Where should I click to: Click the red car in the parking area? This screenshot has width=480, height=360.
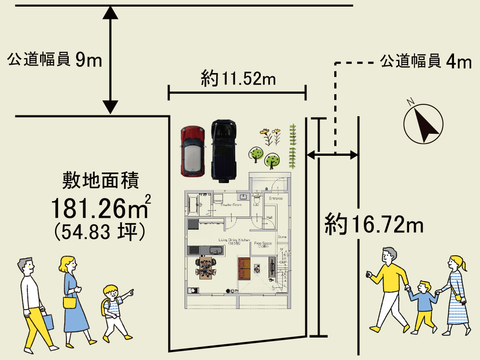(192, 151)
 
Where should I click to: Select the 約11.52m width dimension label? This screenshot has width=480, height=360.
(238, 79)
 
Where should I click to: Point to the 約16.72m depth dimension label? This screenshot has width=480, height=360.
(374, 225)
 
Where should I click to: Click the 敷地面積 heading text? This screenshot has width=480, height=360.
(101, 181)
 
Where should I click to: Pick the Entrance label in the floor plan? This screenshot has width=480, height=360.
(276, 198)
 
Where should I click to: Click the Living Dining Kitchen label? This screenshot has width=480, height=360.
(234, 241)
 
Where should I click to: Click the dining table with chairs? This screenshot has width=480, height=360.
(206, 268)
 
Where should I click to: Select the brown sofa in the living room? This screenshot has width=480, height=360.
(244, 268)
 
